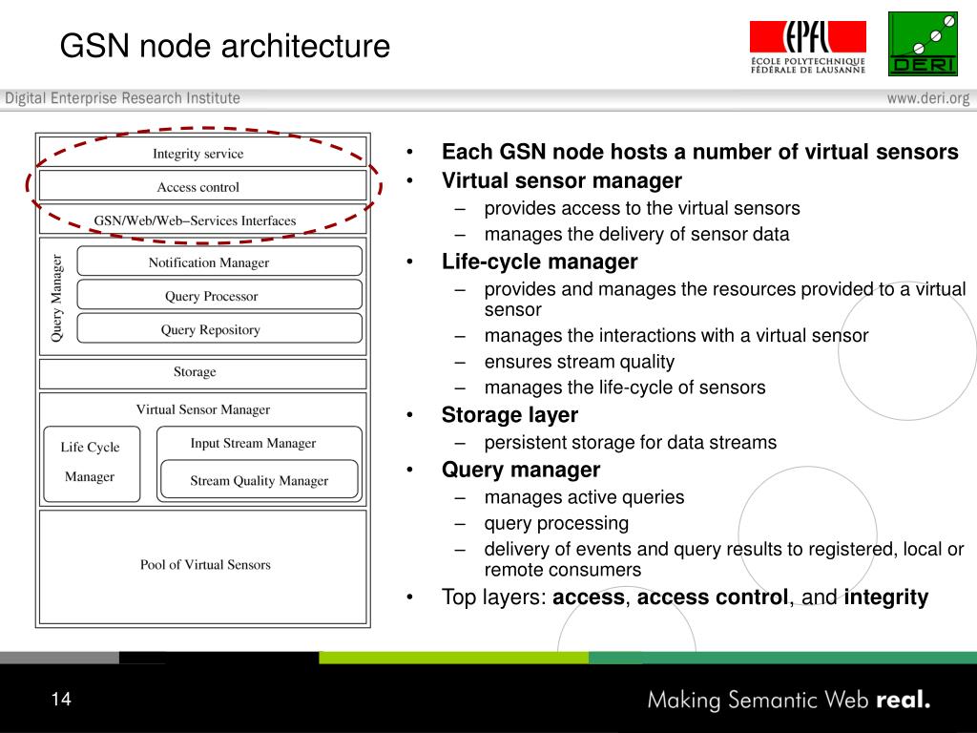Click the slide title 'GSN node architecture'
(225, 46)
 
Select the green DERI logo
(923, 44)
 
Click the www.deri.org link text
(927, 98)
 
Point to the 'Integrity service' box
(198, 154)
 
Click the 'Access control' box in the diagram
(198, 187)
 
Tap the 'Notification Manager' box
(209, 262)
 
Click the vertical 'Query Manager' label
(56, 297)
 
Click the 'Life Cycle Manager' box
(91, 463)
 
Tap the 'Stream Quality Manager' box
(259, 481)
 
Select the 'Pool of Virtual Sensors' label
(205, 565)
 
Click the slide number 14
(61, 700)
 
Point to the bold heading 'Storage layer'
(509, 415)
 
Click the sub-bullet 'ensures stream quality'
(579, 362)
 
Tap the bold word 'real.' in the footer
(902, 700)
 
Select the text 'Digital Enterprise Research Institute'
(123, 98)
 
